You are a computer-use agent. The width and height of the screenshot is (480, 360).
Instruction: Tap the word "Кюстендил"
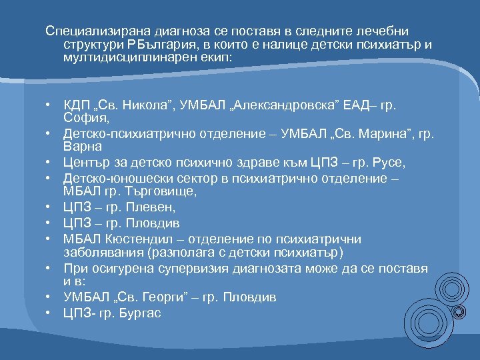[x=133, y=238]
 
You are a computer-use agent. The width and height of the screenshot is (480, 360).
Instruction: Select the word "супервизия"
[x=205, y=267]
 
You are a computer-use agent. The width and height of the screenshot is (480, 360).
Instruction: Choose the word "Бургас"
[x=143, y=312]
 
